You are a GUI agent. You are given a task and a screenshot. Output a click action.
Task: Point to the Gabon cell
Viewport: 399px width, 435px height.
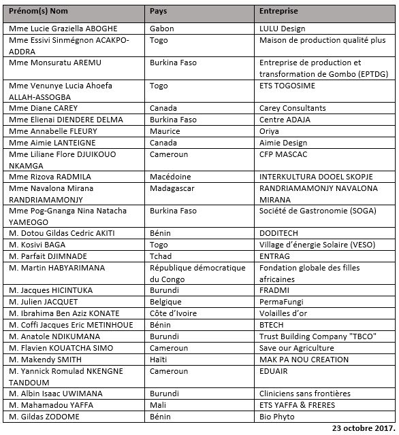click(x=162, y=29)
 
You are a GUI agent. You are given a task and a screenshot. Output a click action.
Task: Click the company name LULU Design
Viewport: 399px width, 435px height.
click(x=283, y=29)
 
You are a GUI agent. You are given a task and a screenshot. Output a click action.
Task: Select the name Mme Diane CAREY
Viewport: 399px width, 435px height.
click(x=44, y=108)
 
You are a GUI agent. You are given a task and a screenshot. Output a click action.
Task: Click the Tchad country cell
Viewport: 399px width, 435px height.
click(x=161, y=256)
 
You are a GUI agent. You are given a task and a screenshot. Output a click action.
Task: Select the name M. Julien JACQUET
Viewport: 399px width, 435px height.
click(x=44, y=302)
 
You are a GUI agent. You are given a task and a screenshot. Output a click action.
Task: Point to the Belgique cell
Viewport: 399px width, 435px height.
click(x=165, y=302)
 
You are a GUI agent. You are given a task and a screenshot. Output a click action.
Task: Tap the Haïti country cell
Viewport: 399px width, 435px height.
click(x=159, y=360)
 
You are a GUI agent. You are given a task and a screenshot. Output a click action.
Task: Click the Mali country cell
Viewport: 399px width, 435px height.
click(x=157, y=405)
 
